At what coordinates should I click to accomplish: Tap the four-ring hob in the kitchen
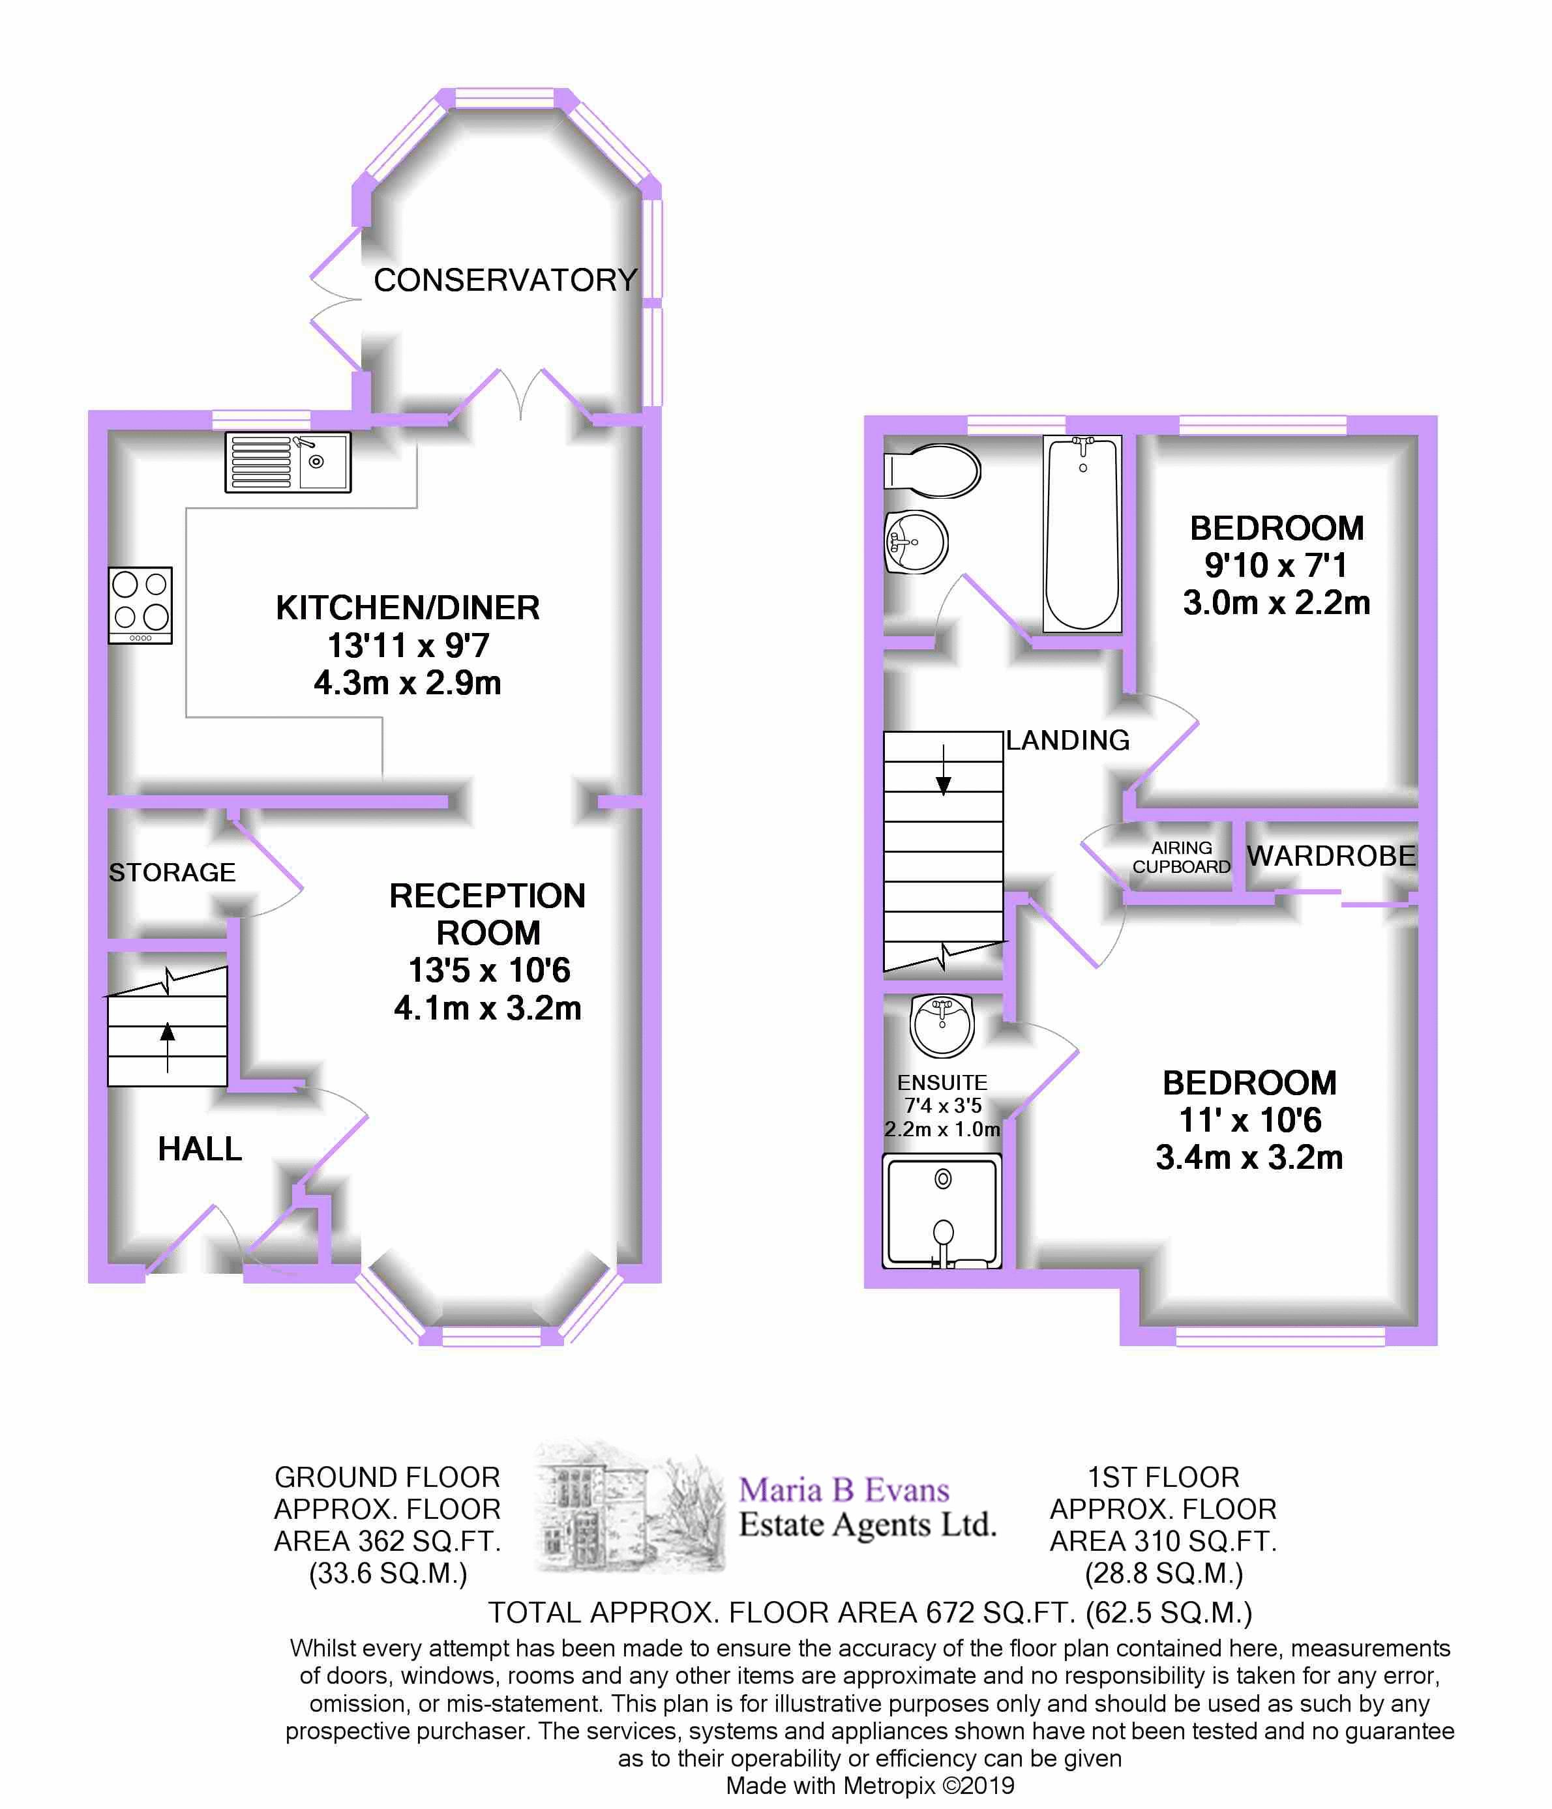point(140,605)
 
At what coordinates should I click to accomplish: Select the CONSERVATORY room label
point(505,280)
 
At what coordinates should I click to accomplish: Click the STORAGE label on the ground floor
point(172,872)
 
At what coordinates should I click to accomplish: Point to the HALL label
point(200,1149)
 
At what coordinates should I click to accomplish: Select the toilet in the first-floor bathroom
point(933,471)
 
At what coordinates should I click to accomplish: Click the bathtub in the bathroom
point(1082,535)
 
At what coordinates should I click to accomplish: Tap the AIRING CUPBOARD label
point(1181,857)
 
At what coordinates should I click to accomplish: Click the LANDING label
point(1067,741)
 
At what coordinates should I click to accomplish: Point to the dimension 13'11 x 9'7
point(408,646)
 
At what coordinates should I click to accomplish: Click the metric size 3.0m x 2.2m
point(1276,602)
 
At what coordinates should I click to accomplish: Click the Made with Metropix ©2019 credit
point(870,1786)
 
